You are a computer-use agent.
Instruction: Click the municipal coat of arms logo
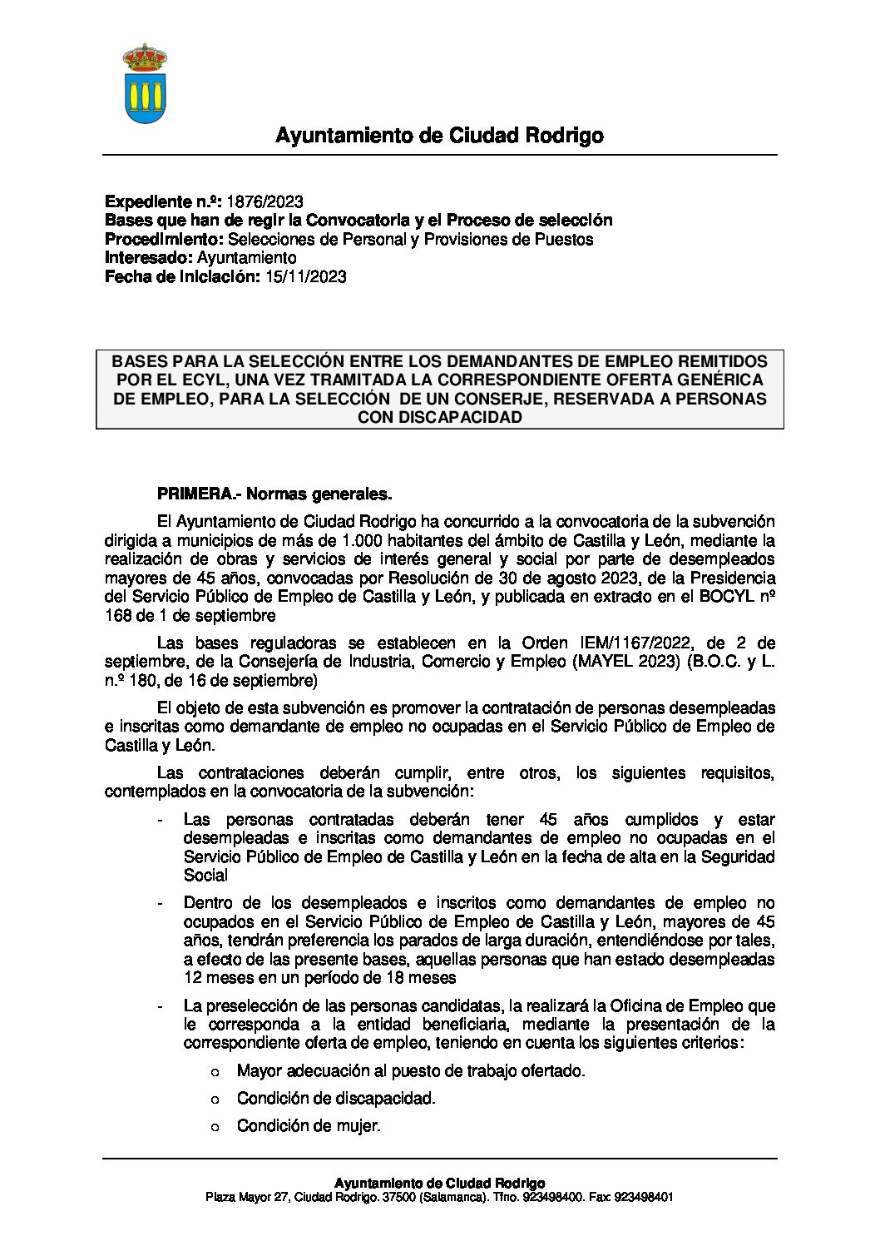(x=146, y=84)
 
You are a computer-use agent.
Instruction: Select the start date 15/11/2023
(x=305, y=277)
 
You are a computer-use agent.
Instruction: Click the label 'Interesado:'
(x=148, y=258)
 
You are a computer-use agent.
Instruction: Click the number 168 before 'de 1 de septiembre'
(x=117, y=616)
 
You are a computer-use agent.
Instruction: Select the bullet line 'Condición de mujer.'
(x=309, y=1126)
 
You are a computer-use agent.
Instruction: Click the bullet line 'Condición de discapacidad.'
(x=336, y=1099)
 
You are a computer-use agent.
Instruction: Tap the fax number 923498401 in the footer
(x=643, y=1198)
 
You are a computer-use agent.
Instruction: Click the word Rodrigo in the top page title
(x=562, y=136)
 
